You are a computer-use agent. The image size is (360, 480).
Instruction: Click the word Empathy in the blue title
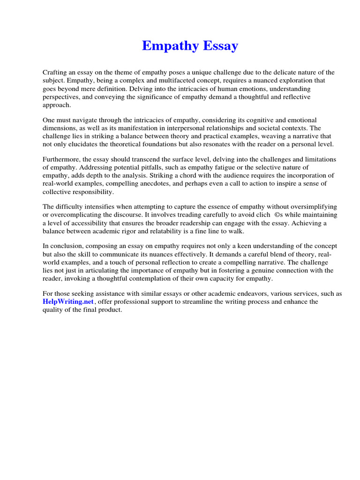tap(167, 46)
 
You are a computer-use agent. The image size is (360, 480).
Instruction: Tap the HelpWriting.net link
tap(68, 302)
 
